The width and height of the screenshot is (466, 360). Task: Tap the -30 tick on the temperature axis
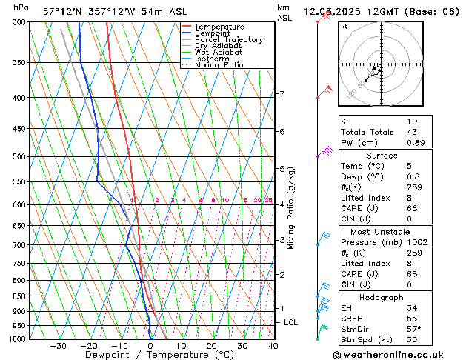tap(58, 345)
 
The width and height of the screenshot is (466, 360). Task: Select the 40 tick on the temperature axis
tap(273, 345)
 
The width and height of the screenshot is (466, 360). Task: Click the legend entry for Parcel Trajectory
tap(228, 39)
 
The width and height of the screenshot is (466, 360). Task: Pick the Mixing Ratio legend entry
tap(219, 65)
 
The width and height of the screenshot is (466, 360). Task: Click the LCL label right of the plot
tap(291, 323)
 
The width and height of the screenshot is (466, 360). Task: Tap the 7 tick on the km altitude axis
tap(282, 94)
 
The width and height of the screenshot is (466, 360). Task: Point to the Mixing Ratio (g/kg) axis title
tap(291, 208)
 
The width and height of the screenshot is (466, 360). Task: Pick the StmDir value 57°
tap(415, 329)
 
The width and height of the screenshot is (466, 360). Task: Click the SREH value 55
tap(413, 318)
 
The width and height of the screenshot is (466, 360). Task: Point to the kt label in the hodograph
tap(344, 27)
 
